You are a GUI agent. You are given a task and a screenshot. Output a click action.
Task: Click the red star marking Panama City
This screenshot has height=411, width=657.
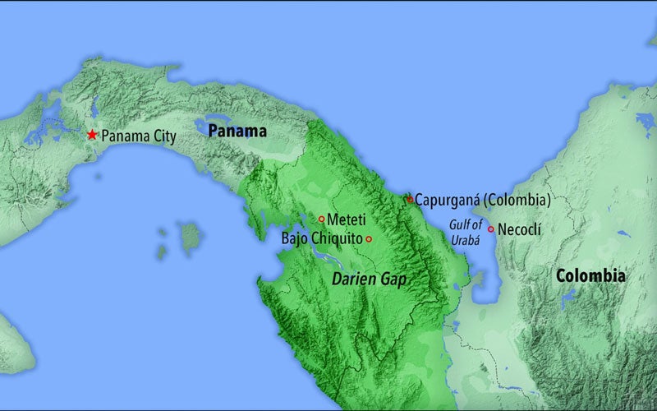[92, 134]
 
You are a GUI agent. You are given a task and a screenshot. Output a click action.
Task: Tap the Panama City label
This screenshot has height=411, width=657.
[138, 136]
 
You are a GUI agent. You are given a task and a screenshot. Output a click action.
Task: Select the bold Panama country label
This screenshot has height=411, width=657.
[237, 132]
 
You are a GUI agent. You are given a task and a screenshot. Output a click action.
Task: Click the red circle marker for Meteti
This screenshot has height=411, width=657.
[321, 219]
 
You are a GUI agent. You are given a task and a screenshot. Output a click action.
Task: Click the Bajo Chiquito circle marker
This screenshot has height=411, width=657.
[369, 239]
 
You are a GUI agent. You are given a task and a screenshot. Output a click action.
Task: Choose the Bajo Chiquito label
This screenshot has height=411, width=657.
[321, 239]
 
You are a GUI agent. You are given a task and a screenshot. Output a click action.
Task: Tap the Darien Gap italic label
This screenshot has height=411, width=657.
[369, 279]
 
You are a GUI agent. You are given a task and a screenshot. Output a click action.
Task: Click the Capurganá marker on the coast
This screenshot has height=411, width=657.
[410, 199]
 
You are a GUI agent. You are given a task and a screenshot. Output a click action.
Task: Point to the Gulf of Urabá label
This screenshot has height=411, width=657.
[464, 232]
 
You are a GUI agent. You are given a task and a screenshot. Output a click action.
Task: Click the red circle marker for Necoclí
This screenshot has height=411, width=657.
[491, 229]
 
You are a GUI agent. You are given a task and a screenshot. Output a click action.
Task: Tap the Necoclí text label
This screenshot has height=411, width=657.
[520, 229]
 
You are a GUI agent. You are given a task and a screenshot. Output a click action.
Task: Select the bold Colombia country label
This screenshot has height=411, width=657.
[590, 276]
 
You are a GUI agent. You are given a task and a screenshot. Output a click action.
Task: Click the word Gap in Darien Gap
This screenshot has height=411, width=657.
[393, 279]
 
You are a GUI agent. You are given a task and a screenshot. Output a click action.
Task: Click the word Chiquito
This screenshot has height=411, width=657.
[338, 239]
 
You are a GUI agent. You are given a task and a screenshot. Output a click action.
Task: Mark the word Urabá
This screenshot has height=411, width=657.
[465, 239]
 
